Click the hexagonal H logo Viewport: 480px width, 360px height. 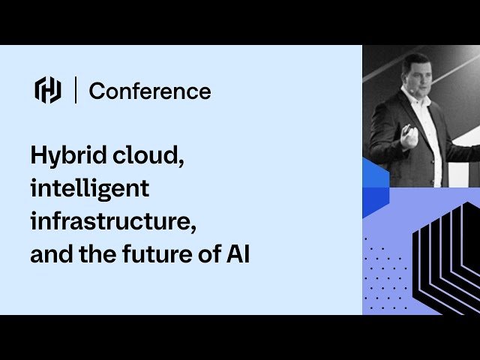(x=48, y=91)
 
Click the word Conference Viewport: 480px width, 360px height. (x=150, y=91)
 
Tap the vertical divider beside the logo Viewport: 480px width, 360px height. (x=76, y=91)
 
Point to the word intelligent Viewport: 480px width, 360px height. (x=89, y=188)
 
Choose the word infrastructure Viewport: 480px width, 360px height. (x=115, y=221)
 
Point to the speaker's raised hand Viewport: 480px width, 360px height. (x=408, y=135)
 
